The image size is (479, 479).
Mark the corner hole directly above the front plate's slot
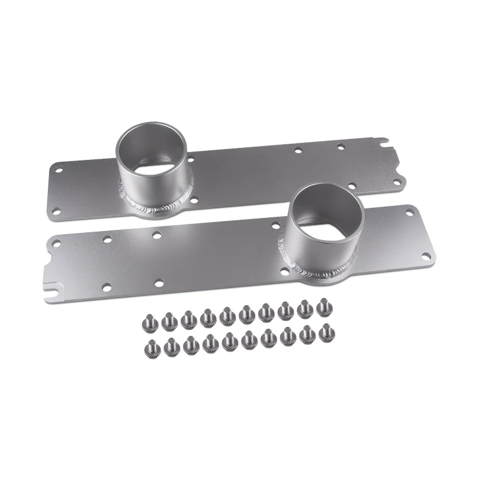[56, 243]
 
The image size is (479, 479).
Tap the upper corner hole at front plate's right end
[410, 213]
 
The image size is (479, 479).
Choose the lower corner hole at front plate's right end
[425, 256]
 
